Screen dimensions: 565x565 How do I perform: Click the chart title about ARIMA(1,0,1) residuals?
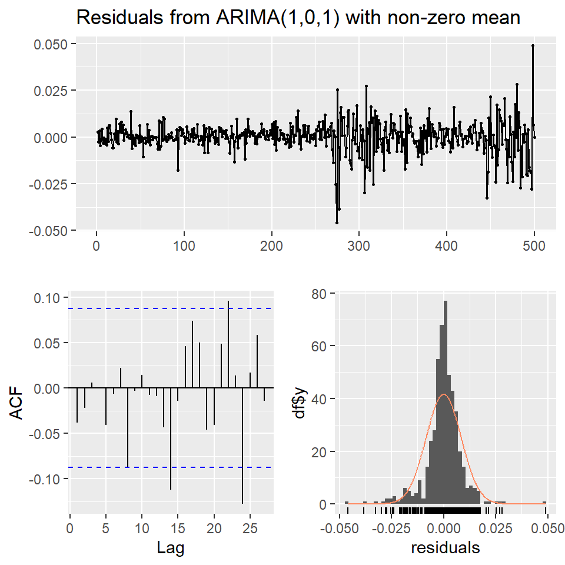coord(299,18)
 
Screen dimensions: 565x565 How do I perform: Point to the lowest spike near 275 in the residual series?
coord(337,222)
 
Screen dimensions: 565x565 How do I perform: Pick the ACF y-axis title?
coord(18,402)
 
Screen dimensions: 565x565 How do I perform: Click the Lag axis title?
coord(171,549)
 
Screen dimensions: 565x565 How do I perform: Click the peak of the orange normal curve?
coord(444,394)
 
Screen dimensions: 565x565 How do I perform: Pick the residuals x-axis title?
coord(445,549)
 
